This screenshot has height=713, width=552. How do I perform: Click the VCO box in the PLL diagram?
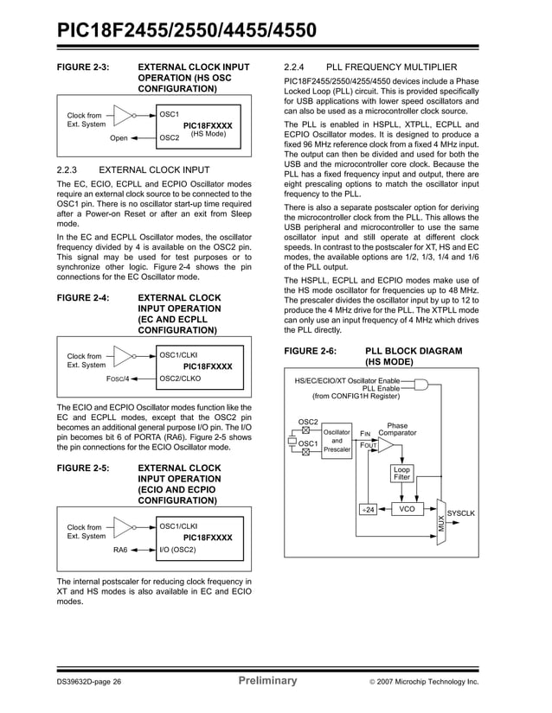pos(406,510)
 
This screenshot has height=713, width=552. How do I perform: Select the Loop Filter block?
pos(401,474)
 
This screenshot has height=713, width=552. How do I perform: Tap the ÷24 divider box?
pos(368,510)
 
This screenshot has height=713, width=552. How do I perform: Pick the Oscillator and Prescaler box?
pos(337,441)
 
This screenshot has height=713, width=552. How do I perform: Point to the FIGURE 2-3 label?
pos(83,67)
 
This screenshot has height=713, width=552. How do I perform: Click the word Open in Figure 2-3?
pos(119,137)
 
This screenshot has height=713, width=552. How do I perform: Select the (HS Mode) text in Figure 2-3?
pos(208,135)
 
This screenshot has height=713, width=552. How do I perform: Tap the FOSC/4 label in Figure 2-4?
pos(117,379)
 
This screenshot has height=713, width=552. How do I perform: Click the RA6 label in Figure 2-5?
pos(120,550)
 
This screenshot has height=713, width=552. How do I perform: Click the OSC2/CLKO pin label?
pos(181,379)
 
